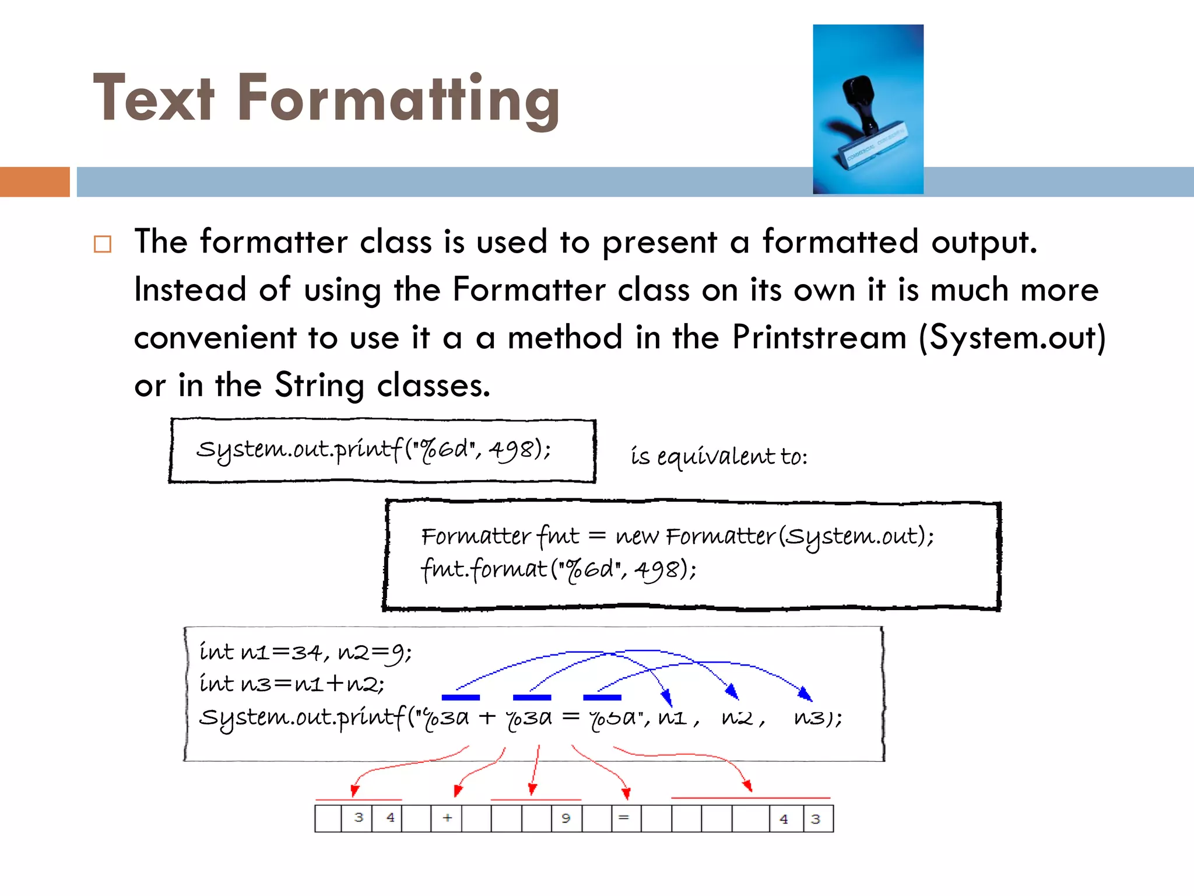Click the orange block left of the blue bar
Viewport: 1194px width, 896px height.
click(x=34, y=181)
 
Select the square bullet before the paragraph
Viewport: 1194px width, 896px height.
click(x=103, y=244)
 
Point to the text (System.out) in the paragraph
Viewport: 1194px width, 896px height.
click(x=1012, y=338)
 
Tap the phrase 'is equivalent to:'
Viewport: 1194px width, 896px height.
click(x=719, y=456)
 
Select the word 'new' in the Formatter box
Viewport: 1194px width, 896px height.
click(x=637, y=536)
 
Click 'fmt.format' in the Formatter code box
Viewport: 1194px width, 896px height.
click(x=484, y=569)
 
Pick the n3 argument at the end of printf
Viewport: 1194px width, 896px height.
click(x=810, y=717)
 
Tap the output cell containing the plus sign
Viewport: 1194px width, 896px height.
click(x=447, y=818)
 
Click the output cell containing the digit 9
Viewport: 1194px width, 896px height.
click(x=566, y=818)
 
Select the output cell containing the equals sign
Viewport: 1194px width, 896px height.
click(x=626, y=818)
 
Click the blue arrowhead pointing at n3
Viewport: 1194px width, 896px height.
click(x=806, y=694)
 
